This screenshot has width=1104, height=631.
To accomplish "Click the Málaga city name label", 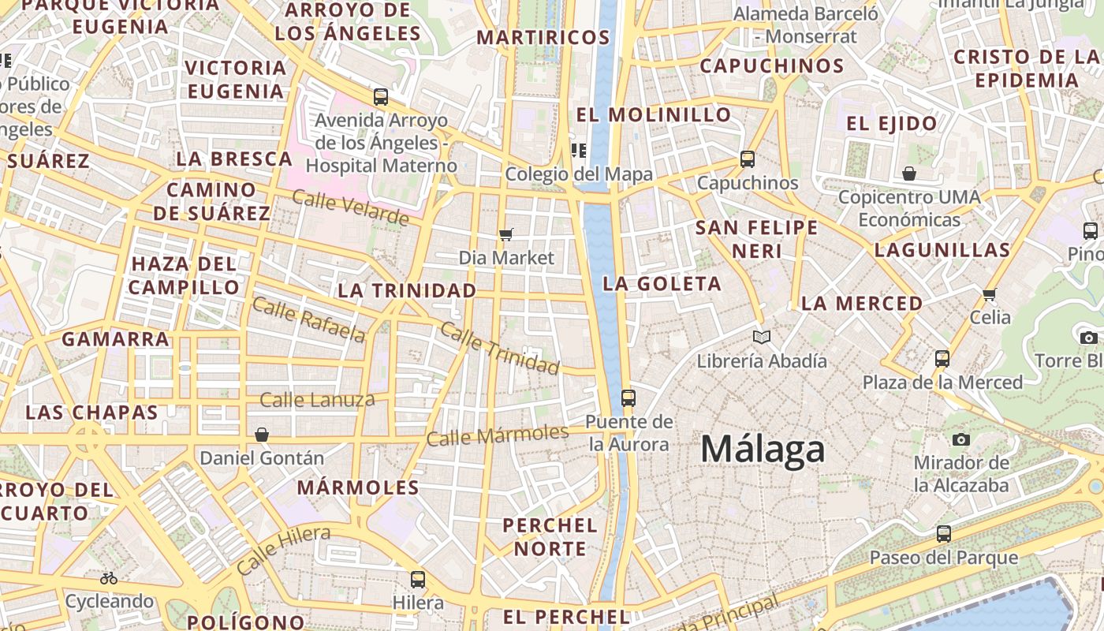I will click(x=763, y=450).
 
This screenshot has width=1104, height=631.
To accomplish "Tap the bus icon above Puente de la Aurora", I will click(x=628, y=398).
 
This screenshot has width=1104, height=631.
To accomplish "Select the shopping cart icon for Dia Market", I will click(x=506, y=234).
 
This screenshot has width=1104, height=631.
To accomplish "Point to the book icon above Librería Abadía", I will click(x=761, y=338).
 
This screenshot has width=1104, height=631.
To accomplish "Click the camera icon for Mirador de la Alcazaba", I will click(x=960, y=439).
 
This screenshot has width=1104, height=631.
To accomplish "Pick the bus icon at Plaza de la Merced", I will click(x=942, y=359).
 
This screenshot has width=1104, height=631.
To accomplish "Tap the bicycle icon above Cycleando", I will click(x=109, y=578).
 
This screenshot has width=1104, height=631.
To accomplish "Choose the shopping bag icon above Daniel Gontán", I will click(x=262, y=435).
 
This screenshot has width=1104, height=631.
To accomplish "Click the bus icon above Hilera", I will click(x=418, y=580).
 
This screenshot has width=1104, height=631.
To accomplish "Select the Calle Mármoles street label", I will click(x=497, y=435).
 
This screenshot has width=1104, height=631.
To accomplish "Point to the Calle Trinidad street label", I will click(x=499, y=348).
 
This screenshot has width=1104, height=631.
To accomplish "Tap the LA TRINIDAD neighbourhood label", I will click(x=407, y=290).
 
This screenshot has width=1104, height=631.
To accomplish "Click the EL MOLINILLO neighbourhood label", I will click(x=654, y=114).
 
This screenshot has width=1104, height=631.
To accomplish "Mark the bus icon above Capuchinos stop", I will click(x=748, y=159).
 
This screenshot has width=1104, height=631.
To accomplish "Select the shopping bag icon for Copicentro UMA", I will click(x=909, y=174).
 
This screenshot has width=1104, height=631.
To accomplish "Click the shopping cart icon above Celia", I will click(x=990, y=294).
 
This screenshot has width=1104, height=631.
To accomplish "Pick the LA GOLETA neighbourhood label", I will click(x=662, y=284).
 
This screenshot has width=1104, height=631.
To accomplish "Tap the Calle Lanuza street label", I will click(x=317, y=400).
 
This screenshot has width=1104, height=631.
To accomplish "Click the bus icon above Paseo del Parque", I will click(x=943, y=534).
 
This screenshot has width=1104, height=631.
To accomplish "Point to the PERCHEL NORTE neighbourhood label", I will click(x=550, y=536).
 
